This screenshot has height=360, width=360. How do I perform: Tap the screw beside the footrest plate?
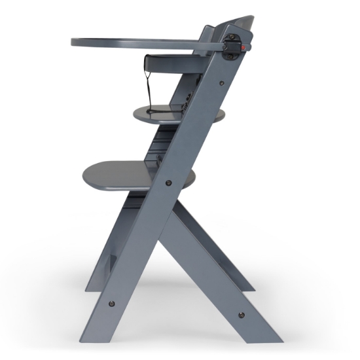[x=168, y=183]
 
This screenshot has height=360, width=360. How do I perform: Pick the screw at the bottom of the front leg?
[x=111, y=304]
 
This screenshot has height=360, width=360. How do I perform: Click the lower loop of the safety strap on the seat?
[x=153, y=111]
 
